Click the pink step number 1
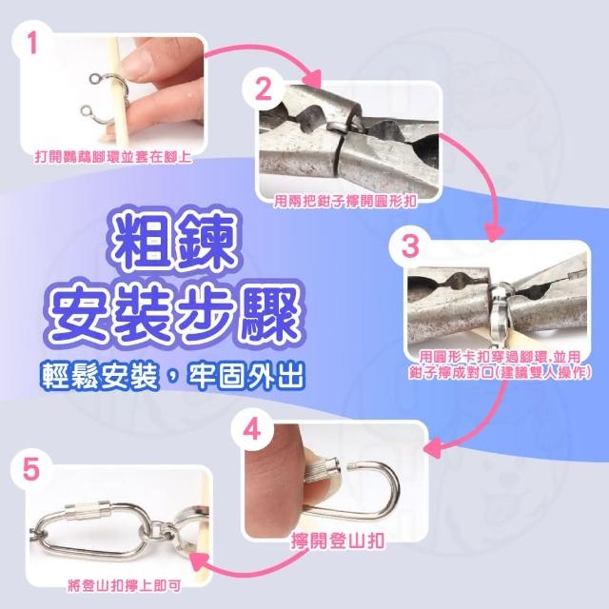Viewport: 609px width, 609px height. [32, 43]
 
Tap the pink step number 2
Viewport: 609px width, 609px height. [263, 88]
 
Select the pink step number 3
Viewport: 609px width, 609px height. [410, 246]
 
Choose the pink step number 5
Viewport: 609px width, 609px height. [31, 469]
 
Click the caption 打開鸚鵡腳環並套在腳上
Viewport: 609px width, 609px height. [113, 157]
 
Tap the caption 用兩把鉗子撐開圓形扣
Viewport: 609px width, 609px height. [345, 201]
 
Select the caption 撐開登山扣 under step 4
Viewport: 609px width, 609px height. [338, 541]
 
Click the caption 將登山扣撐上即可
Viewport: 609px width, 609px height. [124, 586]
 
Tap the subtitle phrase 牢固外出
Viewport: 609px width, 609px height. [245, 375]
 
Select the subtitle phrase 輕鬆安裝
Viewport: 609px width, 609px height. [100, 375]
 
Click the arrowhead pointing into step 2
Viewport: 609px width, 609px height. [312, 80]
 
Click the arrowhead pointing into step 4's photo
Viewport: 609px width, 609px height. [432, 449]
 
